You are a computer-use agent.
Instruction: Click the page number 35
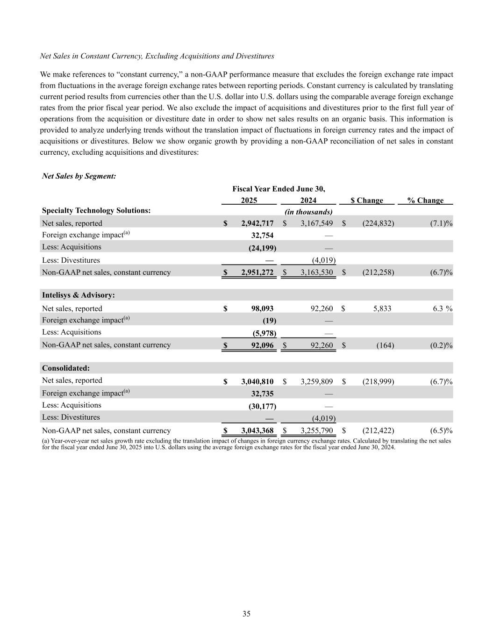point(246,614)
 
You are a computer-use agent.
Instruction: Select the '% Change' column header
point(425,201)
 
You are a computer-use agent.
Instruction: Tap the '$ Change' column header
point(367,201)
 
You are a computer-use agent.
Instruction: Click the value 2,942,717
point(257,223)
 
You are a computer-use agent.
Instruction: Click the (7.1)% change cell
point(441,223)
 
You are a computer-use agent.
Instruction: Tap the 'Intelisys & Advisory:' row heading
point(79,295)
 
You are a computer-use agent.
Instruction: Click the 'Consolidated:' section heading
point(66,368)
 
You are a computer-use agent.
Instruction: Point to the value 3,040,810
point(257,382)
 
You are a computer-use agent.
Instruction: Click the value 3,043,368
point(257,430)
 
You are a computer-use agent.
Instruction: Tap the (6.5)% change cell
point(441,430)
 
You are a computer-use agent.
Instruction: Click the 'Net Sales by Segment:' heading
point(79,176)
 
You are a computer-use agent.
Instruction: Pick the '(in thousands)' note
point(309,212)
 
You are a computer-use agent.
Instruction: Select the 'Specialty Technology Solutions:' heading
point(96,211)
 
